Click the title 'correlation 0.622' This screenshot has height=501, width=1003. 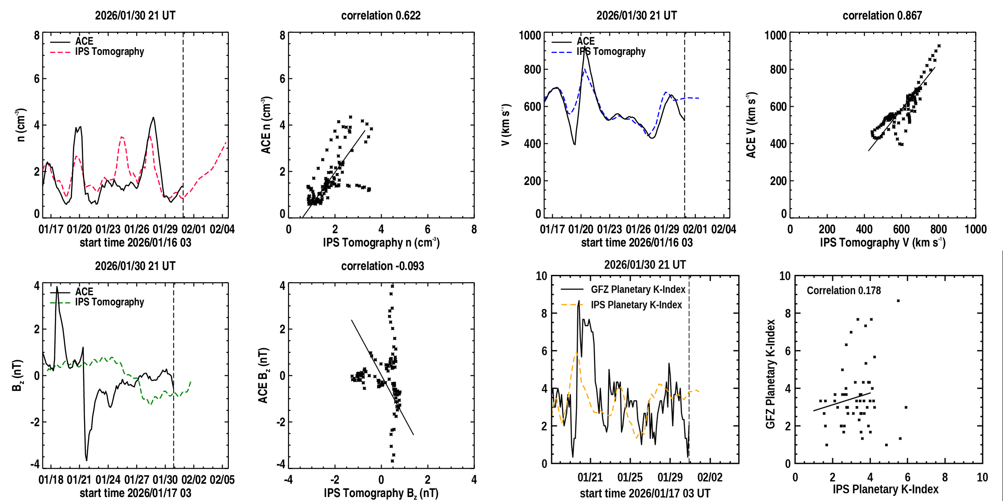(x=381, y=15)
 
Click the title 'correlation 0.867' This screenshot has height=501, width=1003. (x=882, y=15)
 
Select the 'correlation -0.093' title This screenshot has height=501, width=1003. (x=382, y=266)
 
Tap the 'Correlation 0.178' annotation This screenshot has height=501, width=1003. (x=844, y=290)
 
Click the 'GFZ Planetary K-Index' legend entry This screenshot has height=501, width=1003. (x=638, y=289)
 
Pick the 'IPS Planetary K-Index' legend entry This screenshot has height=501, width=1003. (x=636, y=305)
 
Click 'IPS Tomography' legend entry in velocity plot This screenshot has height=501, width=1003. (x=611, y=52)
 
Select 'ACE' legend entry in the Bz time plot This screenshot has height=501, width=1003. (x=84, y=292)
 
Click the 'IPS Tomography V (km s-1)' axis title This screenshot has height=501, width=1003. (x=883, y=243)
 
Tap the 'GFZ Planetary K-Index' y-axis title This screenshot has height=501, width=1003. (x=771, y=374)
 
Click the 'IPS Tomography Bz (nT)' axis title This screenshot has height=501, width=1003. (x=381, y=493)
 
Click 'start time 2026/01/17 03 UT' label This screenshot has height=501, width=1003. (x=645, y=493)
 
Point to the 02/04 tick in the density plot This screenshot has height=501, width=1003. (x=222, y=229)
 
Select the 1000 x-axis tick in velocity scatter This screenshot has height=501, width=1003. (x=976, y=229)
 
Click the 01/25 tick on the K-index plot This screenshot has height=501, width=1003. (x=630, y=478)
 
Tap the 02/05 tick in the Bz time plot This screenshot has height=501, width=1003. (x=222, y=480)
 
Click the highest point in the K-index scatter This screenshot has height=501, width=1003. (x=898, y=301)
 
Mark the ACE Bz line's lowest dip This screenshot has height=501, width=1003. (x=86, y=460)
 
